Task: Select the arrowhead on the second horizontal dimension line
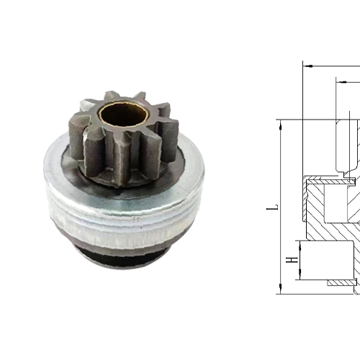pos(338,80)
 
